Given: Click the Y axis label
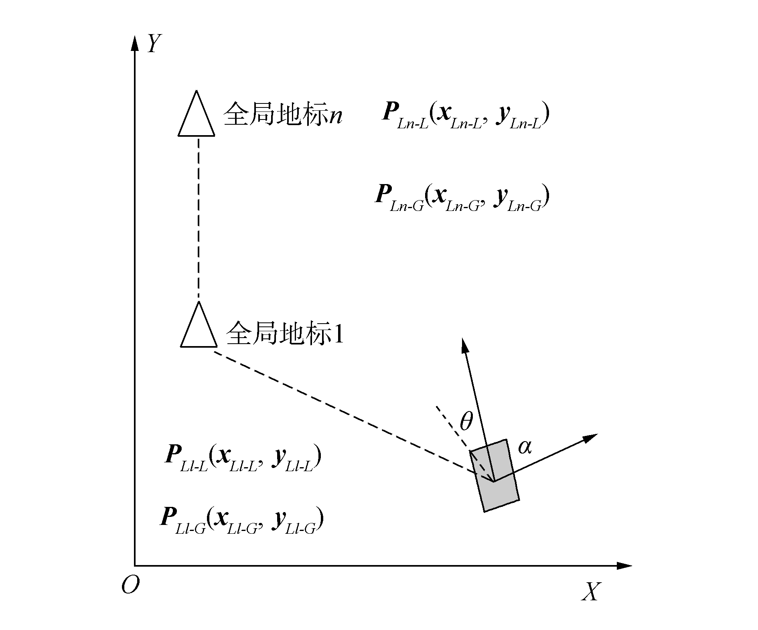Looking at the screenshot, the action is coord(154,44).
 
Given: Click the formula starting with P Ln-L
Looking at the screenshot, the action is coord(465,115).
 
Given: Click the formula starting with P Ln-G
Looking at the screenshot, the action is coord(461,197).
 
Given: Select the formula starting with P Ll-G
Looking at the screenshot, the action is coord(242,520).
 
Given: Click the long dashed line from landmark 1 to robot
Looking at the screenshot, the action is coord(341,409).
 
